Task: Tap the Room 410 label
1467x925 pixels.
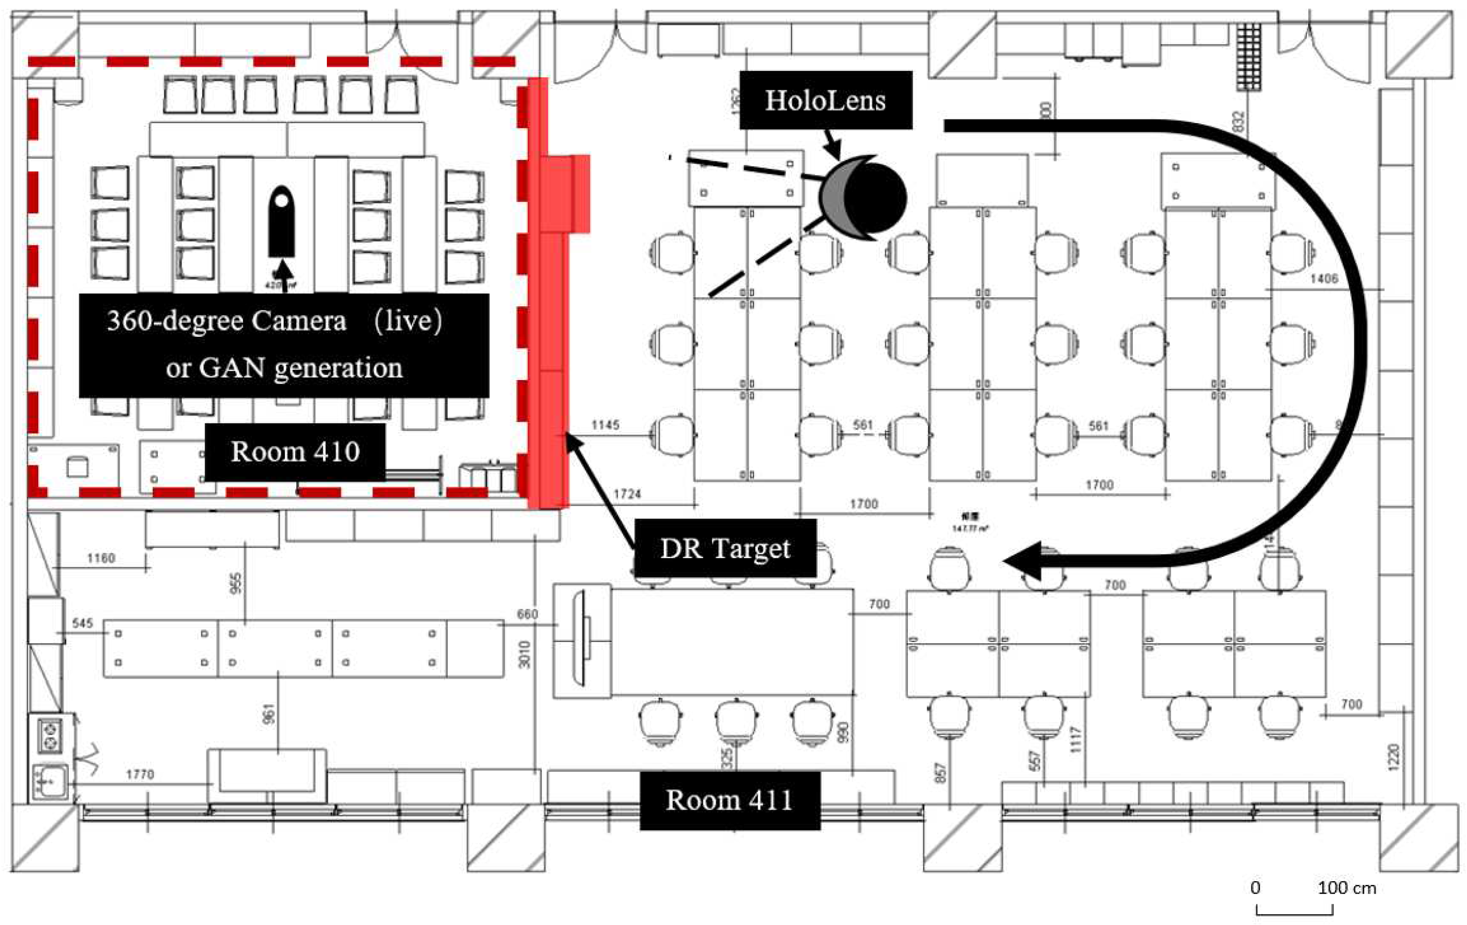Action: click(x=295, y=452)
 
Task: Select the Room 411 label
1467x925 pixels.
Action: click(x=729, y=800)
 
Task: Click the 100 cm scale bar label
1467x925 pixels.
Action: click(x=1347, y=888)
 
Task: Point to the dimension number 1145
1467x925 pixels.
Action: click(x=605, y=425)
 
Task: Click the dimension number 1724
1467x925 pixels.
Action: click(x=627, y=494)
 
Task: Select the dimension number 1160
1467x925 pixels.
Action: click(x=101, y=558)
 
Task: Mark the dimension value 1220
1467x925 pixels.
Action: click(x=1393, y=756)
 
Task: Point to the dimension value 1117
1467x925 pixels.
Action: click(x=1075, y=740)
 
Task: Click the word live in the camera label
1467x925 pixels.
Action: click(x=408, y=321)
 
